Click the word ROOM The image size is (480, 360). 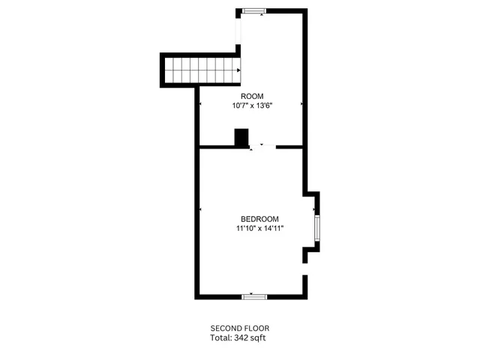coord(251,96)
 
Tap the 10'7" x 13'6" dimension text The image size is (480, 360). coord(251,106)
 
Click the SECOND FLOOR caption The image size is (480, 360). coord(239,328)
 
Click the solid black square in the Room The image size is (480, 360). coord(241,138)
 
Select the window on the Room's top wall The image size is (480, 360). coord(253,10)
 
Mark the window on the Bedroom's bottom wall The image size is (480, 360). coord(254,297)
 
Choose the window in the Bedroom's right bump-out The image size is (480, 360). coord(317,226)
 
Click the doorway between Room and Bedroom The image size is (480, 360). coord(262,147)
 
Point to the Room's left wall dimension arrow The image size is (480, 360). coord(199,103)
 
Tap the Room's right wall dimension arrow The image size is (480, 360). coord(301,103)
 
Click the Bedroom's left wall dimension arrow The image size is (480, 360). coord(201,208)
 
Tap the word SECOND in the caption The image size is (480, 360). coord(223,328)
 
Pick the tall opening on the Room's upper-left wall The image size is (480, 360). coord(238,30)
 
